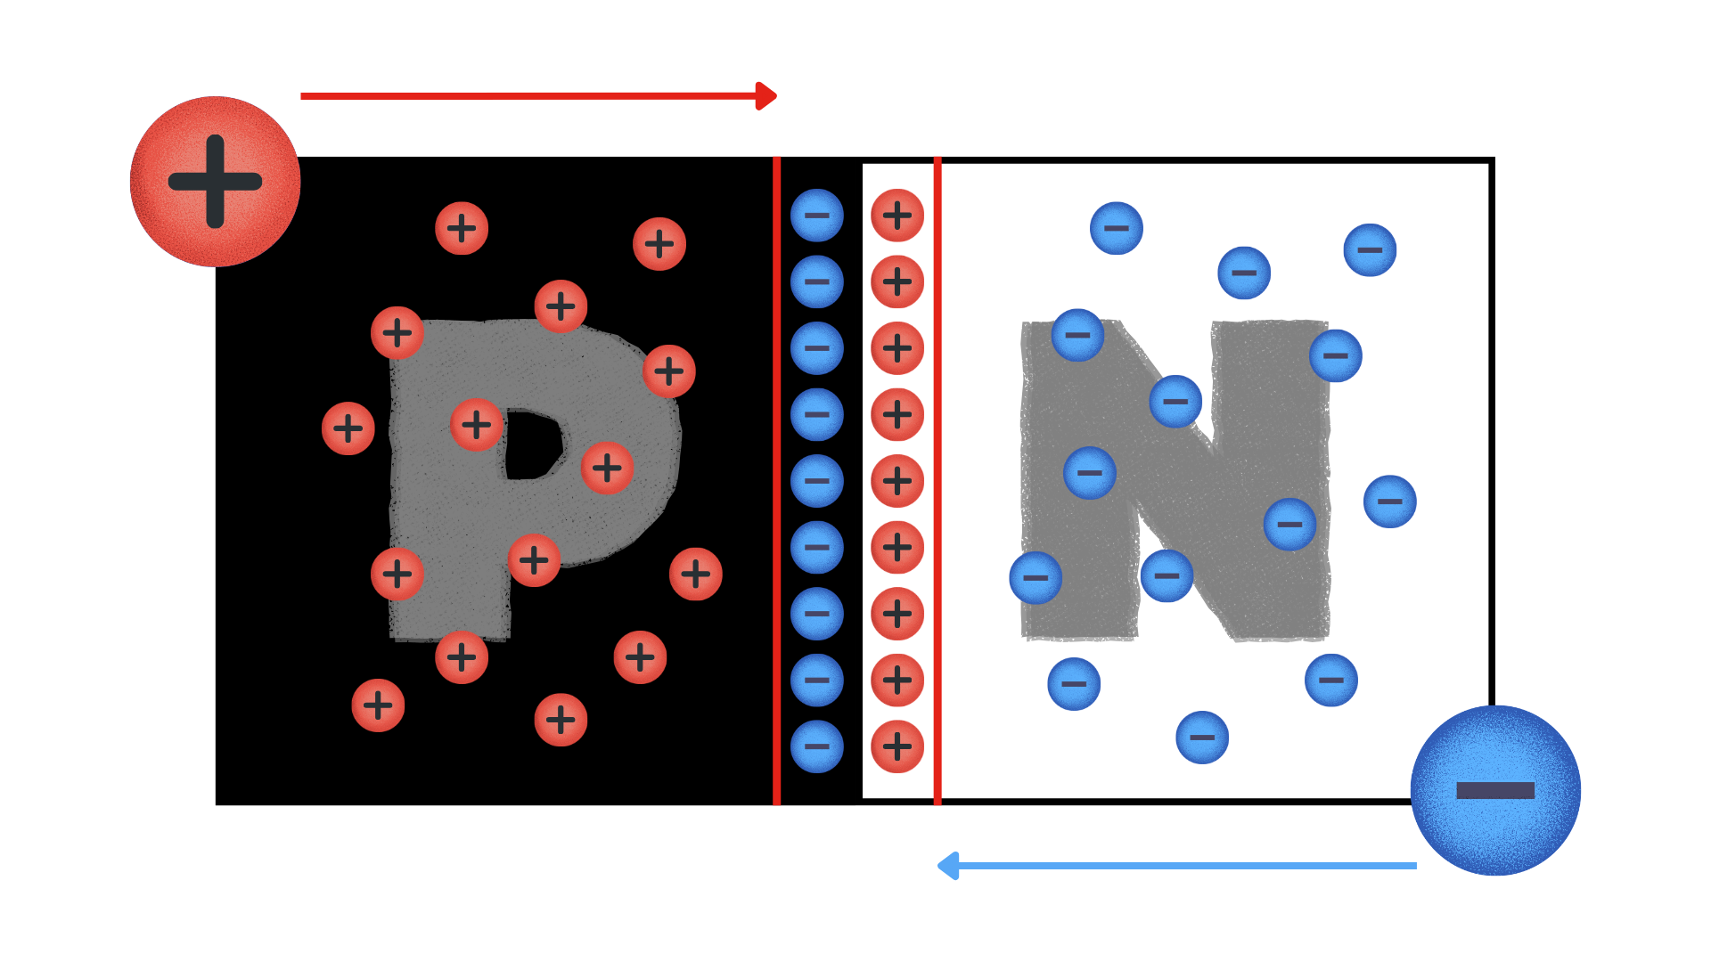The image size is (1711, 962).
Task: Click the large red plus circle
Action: [215, 182]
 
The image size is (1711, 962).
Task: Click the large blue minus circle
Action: [1495, 790]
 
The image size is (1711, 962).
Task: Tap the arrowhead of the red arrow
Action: [765, 96]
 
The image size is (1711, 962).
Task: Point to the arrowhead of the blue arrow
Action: [948, 866]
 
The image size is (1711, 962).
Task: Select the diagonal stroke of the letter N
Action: [1176, 481]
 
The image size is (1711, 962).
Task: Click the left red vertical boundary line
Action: [777, 481]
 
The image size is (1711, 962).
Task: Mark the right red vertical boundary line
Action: [937, 481]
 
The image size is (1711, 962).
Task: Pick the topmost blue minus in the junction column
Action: [817, 216]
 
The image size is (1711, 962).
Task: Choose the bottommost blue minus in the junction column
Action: [817, 746]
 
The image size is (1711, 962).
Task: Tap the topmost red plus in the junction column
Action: [897, 216]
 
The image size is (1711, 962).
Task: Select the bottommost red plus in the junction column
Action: [897, 746]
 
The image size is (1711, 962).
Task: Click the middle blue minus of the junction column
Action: [817, 481]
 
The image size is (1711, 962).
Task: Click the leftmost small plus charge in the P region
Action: [348, 428]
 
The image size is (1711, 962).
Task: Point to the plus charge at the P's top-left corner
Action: [397, 333]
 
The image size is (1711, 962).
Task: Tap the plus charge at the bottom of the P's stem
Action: [462, 657]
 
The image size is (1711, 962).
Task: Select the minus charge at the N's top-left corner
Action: [1078, 336]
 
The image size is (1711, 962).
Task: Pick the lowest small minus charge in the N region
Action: [1202, 738]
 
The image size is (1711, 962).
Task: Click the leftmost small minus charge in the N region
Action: [1036, 578]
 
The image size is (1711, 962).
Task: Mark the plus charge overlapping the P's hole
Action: [477, 425]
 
